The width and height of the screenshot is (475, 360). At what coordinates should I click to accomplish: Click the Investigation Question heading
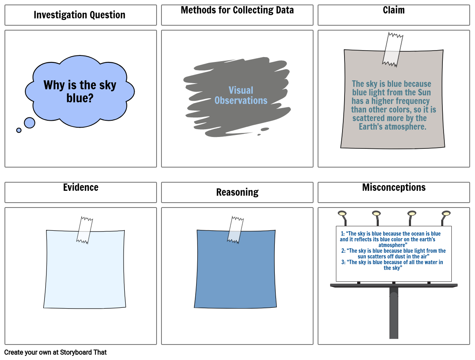80,15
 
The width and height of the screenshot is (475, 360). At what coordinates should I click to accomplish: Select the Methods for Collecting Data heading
237,10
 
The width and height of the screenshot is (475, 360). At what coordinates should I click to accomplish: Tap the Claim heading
393,10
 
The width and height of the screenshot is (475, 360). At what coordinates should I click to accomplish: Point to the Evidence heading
81,188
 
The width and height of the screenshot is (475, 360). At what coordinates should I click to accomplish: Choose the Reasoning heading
237,192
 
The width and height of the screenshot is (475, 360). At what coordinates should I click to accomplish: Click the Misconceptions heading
393,188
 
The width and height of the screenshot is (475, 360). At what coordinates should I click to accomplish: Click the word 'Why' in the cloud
54,85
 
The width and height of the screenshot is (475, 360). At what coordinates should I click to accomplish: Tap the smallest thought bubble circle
19,130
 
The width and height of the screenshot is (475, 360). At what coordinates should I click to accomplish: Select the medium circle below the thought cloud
29,123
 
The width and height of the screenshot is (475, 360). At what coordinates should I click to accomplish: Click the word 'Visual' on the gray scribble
241,91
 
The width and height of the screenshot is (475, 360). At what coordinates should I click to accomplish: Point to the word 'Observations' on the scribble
241,101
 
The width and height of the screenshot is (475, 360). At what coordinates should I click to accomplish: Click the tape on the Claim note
393,49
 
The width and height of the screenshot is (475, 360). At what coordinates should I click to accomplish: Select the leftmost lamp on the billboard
342,214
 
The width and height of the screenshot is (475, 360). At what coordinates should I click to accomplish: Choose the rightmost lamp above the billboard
446,214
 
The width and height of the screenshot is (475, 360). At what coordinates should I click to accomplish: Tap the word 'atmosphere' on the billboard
393,245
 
